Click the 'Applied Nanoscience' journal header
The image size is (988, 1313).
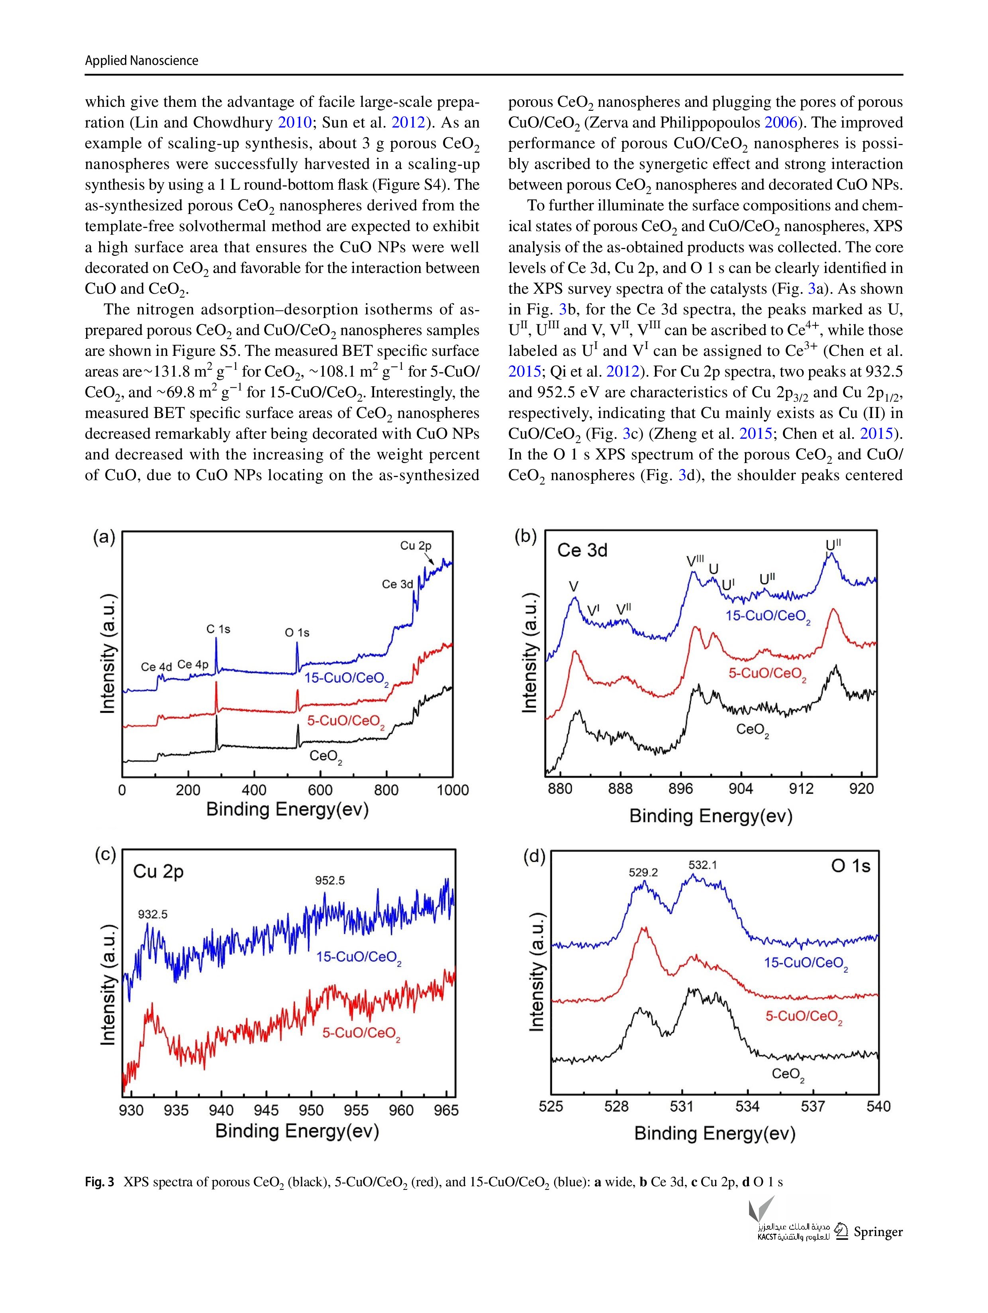pos(141,61)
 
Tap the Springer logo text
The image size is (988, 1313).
pos(878,1232)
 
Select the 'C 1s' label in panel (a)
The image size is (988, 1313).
pos(218,628)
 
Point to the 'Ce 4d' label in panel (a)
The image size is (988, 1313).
pos(157,667)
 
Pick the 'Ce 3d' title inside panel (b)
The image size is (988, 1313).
pos(582,550)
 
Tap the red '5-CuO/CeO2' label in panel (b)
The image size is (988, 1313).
pos(768,674)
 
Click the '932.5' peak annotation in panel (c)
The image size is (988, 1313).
pos(153,915)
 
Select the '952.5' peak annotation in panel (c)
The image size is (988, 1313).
pos(330,880)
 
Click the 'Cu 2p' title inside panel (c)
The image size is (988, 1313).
pos(159,871)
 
